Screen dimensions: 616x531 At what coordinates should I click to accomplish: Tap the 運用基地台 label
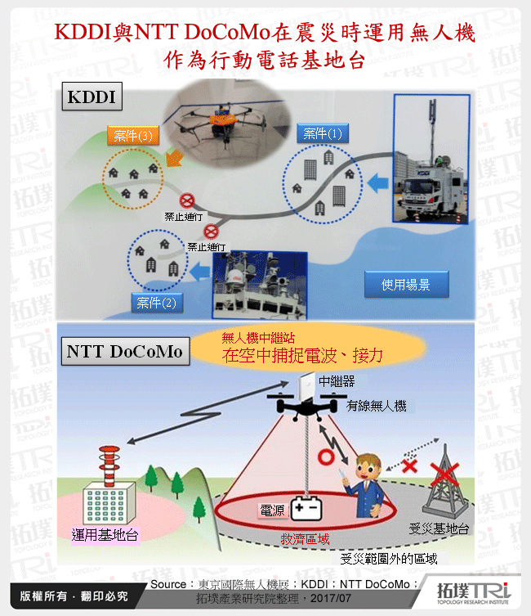(105, 535)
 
